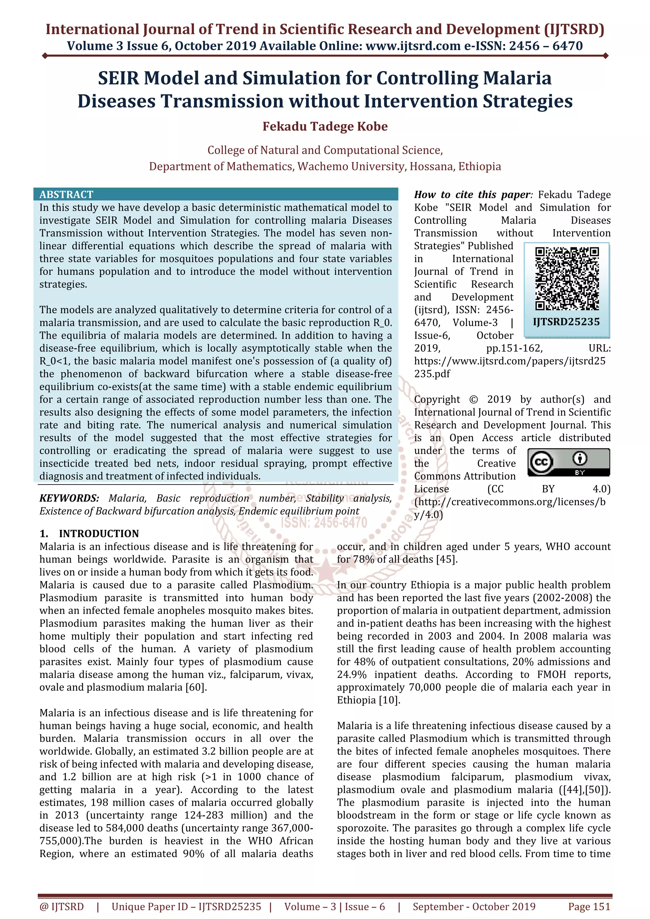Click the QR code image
[x=567, y=278]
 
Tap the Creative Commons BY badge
[x=568, y=462]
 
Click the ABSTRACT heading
[x=66, y=194]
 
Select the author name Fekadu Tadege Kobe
[x=325, y=127]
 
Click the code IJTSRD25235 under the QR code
[x=566, y=322]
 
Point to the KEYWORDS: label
[x=69, y=498]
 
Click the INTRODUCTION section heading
[x=98, y=534]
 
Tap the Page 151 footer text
[x=589, y=907]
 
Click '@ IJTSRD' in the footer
[x=62, y=907]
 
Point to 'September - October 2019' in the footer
[x=474, y=907]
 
